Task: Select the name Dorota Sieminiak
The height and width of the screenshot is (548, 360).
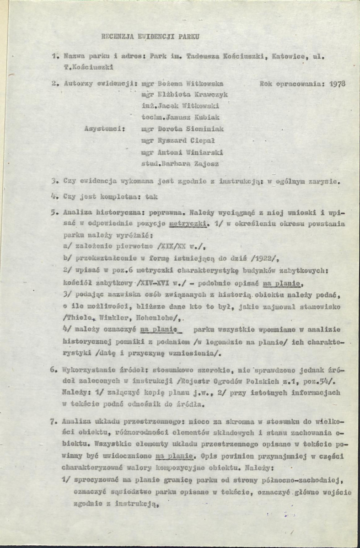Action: click(193, 129)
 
